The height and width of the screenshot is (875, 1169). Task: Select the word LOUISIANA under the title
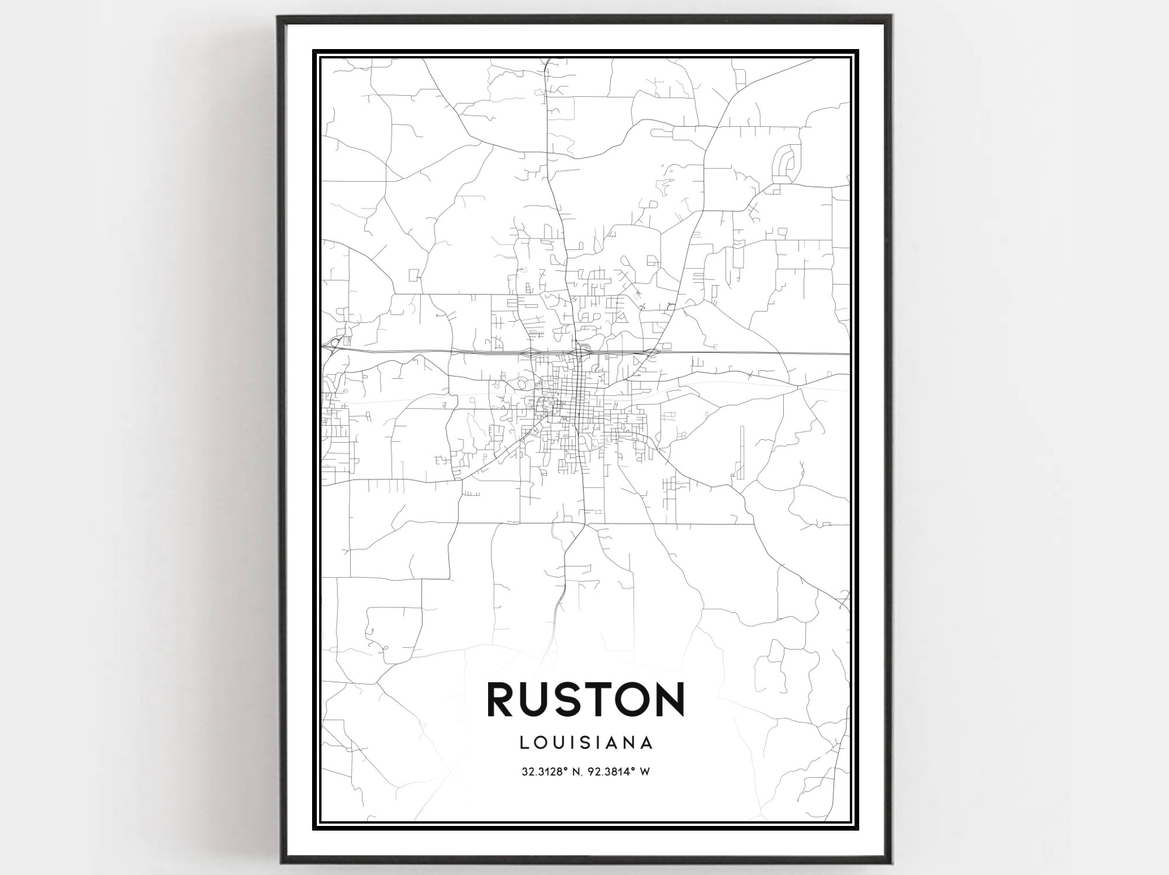tap(585, 743)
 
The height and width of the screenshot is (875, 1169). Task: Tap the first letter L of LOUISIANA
tap(523, 743)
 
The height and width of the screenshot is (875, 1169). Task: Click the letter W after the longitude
tap(645, 772)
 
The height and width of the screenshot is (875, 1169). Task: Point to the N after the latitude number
tap(578, 772)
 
